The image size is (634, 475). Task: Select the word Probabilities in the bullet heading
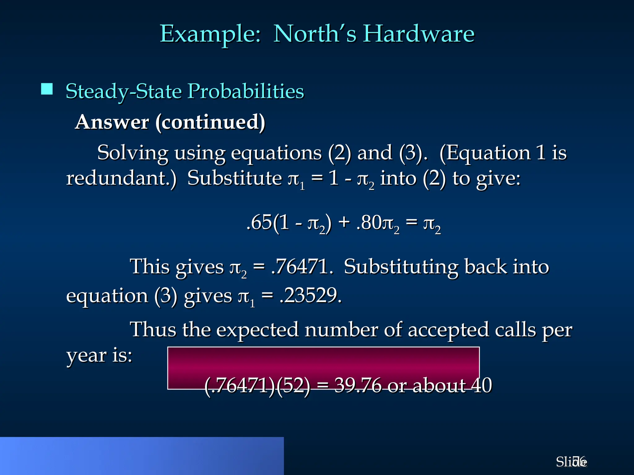(x=246, y=92)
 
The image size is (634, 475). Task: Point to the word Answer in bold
(x=112, y=122)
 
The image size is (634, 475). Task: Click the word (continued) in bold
(x=210, y=122)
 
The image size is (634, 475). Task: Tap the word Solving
(x=133, y=153)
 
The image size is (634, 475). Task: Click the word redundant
(x=121, y=178)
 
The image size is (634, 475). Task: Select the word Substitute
(x=234, y=178)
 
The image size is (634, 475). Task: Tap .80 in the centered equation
(x=369, y=223)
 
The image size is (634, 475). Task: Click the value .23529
(x=310, y=296)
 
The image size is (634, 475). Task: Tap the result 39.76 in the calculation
(x=358, y=385)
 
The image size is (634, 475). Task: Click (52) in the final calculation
(x=293, y=385)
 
